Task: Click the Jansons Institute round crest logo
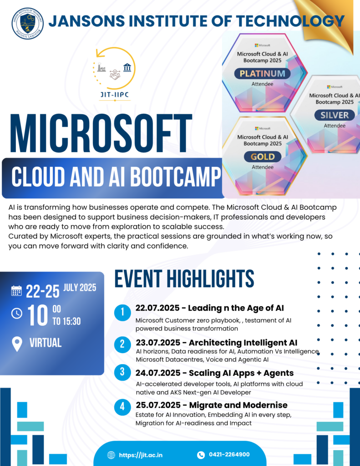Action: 28,24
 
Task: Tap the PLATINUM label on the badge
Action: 262,73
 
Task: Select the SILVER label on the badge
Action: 335,115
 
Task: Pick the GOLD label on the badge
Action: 263,157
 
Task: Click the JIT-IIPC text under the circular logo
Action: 115,95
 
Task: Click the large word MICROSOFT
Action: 101,133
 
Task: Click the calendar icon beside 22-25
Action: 16,291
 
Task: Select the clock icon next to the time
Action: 17,313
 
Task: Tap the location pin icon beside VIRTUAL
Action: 17,344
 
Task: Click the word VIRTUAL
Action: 46,343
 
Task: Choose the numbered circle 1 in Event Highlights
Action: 122,312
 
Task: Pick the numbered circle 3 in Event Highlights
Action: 122,372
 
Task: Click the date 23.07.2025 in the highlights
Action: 158,343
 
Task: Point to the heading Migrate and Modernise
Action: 238,405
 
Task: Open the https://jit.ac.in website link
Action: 141,455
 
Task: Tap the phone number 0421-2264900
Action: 229,455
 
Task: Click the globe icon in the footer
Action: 111,455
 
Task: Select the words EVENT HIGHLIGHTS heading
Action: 184,279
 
